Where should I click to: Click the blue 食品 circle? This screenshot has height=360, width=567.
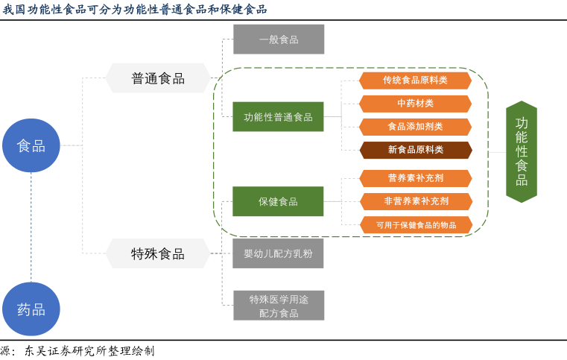pos(31,145)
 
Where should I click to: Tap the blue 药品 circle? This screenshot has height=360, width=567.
pos(31,309)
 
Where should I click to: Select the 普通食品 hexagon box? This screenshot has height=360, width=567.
pos(158,78)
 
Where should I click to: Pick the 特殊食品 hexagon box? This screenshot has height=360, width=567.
pos(158,253)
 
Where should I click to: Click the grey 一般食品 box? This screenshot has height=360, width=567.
pos(279,40)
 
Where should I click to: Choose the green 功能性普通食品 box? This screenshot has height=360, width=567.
pos(278,117)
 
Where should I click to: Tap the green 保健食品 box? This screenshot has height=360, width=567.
pos(278,201)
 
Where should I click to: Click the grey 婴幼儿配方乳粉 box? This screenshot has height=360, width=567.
pos(278,253)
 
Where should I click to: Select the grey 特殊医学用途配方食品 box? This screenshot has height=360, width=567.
pos(279,306)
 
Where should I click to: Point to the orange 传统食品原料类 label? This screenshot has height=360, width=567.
pos(415,80)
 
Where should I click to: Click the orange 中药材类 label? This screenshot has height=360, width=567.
pos(415,104)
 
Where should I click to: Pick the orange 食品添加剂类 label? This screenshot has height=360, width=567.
pos(415,127)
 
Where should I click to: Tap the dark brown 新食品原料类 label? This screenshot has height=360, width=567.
pos(415,150)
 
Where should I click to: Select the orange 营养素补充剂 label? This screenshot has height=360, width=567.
pos(415,178)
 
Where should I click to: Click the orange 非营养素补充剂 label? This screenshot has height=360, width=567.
pos(415,201)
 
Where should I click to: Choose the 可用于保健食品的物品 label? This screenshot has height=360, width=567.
pos(415,224)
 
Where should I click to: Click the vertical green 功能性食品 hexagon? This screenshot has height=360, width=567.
pos(522,152)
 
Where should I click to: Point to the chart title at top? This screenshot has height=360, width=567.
pos(134,9)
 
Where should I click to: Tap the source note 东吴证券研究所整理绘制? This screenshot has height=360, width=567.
pos(89,350)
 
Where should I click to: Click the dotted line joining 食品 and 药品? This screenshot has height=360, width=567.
pos(31,227)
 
